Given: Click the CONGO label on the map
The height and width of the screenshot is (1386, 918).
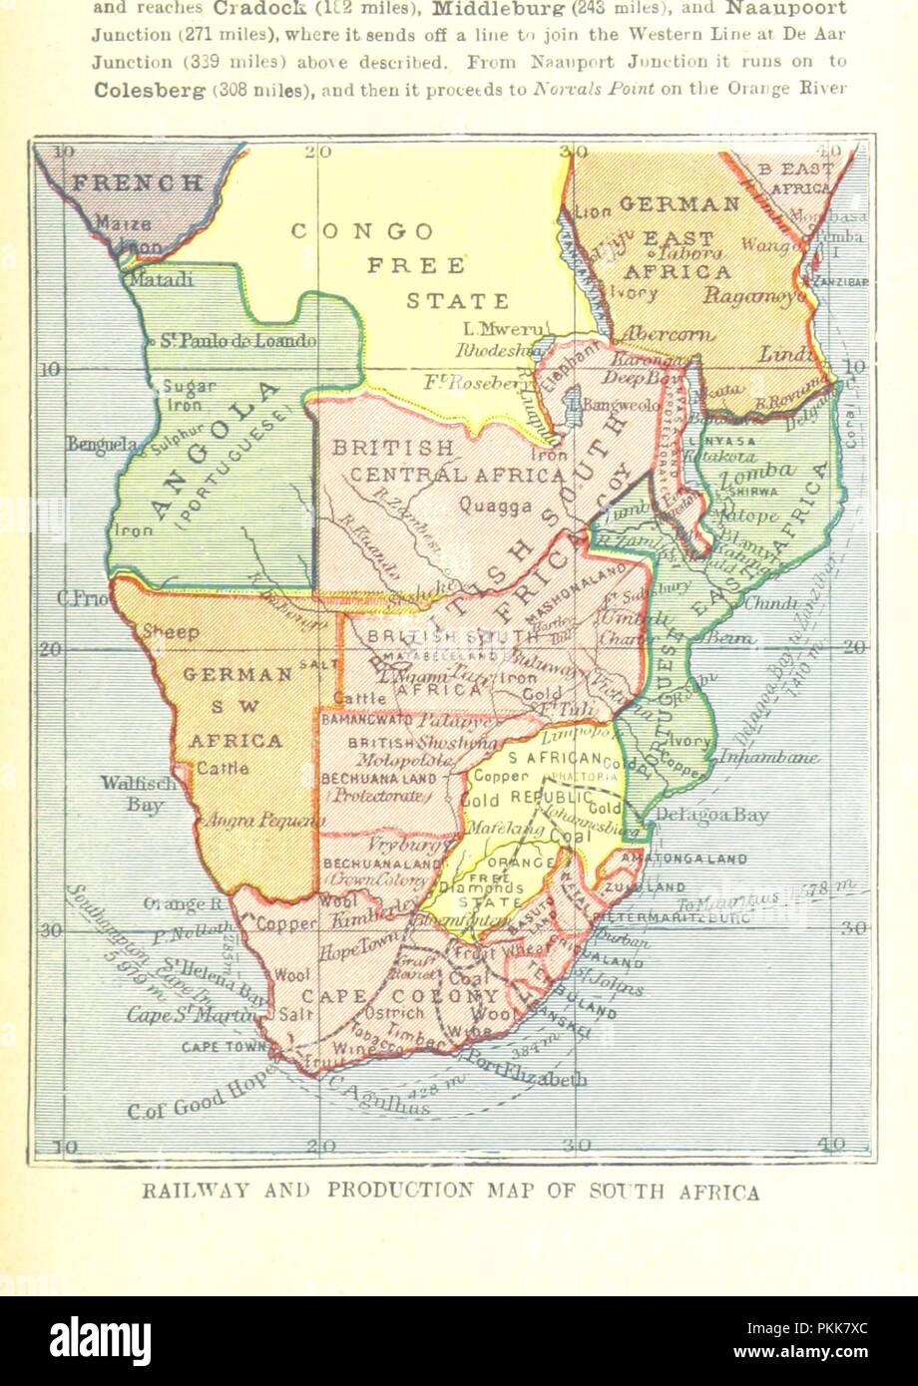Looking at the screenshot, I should [362, 231].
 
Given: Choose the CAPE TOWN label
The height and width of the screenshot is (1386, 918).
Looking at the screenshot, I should [225, 1047].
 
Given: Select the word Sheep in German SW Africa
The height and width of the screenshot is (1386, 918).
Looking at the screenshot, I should [172, 632].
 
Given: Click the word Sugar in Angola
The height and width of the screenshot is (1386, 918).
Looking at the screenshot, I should [182, 387].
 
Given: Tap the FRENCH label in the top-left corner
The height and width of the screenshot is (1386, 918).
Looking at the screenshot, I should [138, 182].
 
